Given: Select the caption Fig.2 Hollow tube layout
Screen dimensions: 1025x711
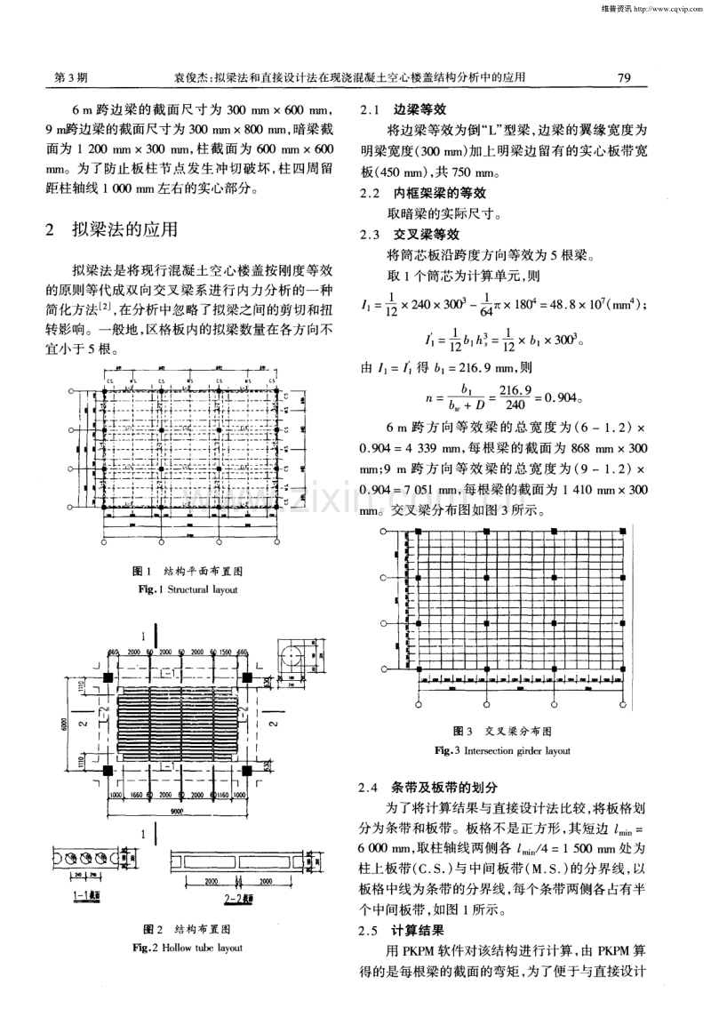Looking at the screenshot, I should [x=187, y=949].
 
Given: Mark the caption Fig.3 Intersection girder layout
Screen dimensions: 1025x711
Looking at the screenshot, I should [x=502, y=751].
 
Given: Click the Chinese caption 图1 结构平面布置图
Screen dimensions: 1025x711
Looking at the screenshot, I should [x=187, y=572].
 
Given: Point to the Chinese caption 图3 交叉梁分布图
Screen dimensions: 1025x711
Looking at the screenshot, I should [x=502, y=732].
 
